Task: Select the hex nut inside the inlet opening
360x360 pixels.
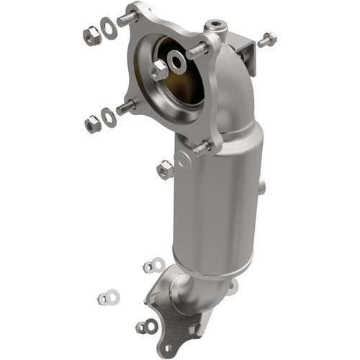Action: coord(159,69)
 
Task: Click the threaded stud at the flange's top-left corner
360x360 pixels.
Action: coord(128,18)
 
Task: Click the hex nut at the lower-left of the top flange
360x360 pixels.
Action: coord(92,125)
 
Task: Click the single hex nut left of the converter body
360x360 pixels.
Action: coord(165,170)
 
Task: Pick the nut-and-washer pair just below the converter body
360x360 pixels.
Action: coord(153,266)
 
